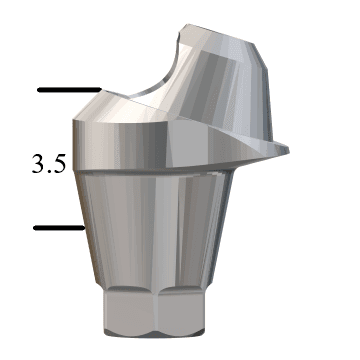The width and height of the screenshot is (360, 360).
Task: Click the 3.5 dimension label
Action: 48,164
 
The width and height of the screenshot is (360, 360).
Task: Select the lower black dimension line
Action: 55,228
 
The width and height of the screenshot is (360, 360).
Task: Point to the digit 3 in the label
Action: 39,164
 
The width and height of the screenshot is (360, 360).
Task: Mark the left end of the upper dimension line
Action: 39,91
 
